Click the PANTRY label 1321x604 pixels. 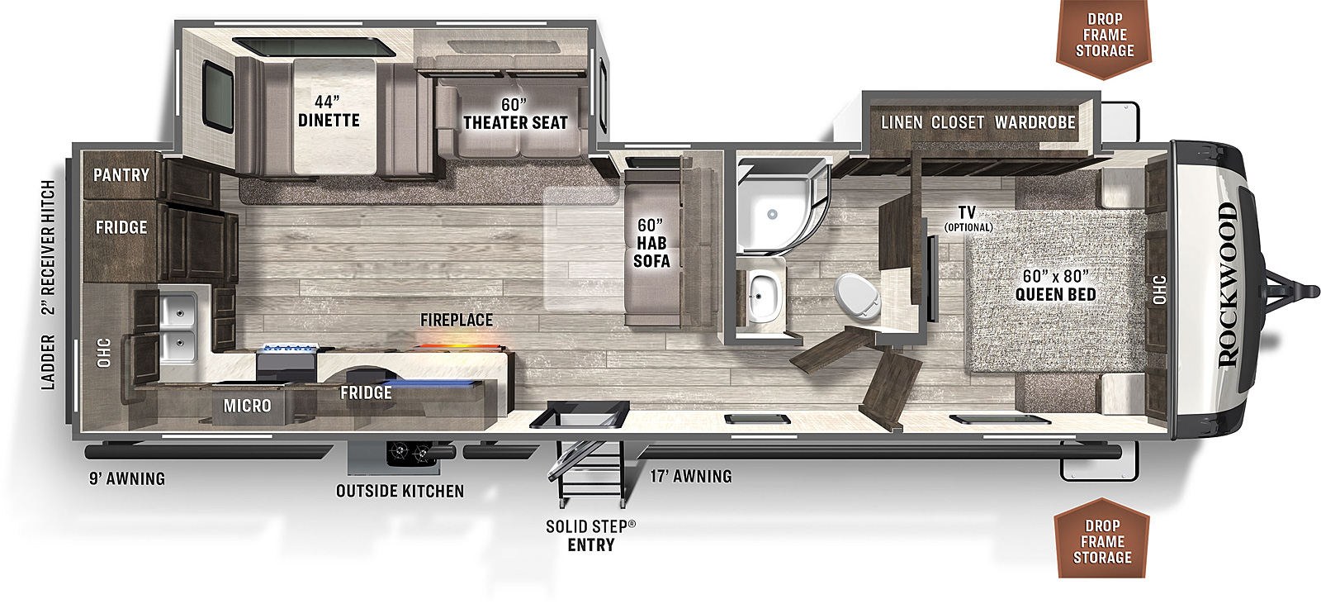(121, 175)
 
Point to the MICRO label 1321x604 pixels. (247, 406)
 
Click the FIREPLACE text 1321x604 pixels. (457, 320)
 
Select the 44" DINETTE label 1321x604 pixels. (329, 112)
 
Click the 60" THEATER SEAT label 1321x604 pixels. (515, 114)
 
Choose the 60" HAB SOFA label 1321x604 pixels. (651, 243)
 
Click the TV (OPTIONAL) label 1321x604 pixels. (968, 218)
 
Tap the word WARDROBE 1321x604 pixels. (1035, 122)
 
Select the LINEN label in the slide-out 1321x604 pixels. (902, 122)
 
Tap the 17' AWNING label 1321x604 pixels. (690, 476)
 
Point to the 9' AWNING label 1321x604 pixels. (127, 478)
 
